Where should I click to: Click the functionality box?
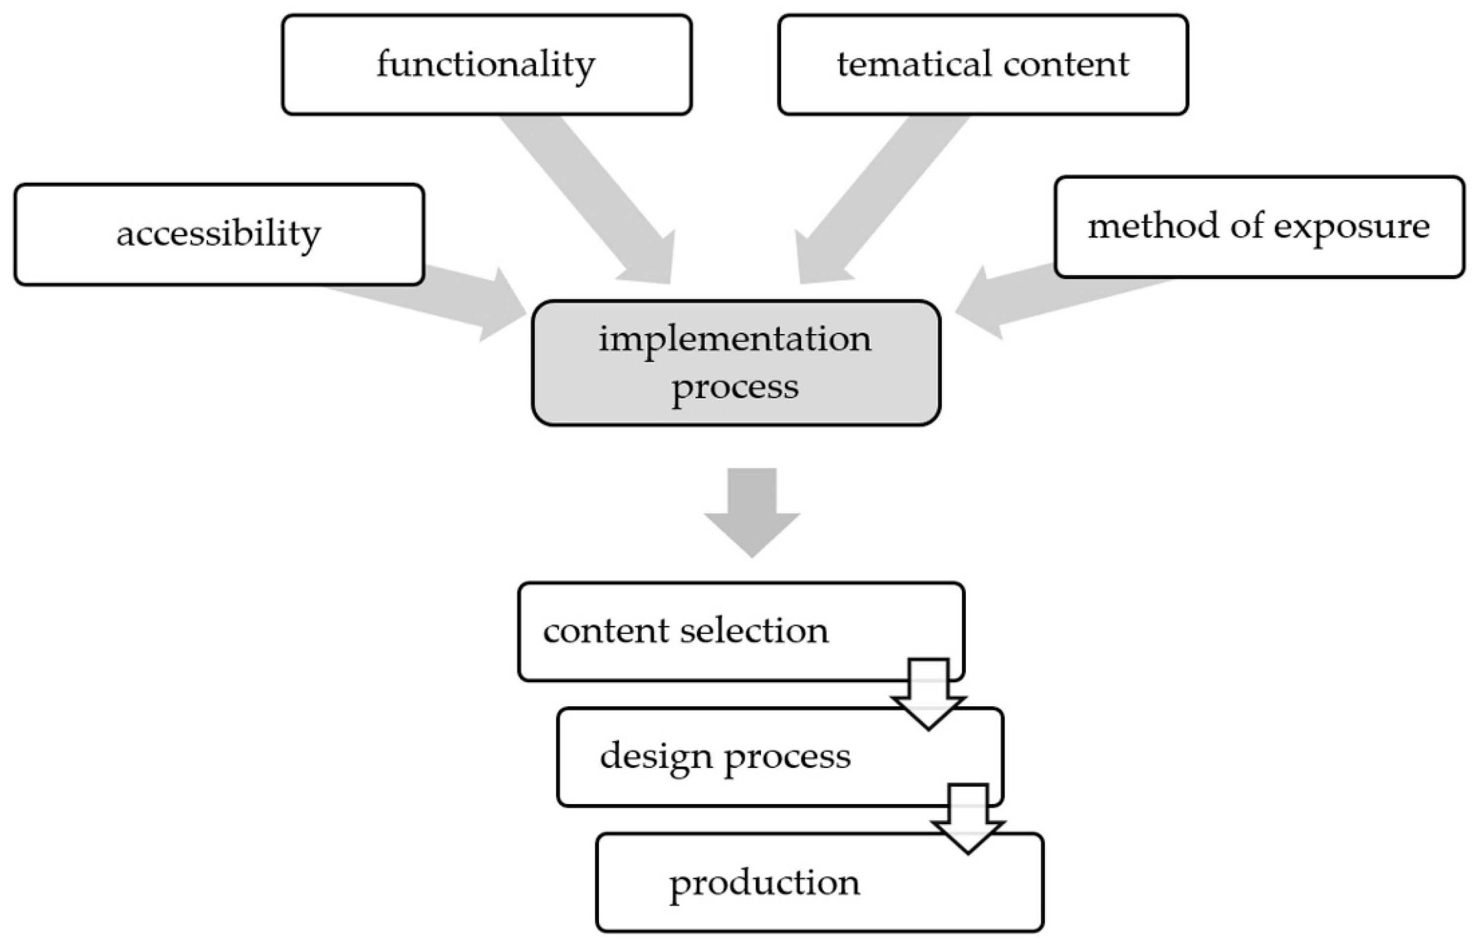(x=487, y=65)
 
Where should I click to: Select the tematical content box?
(x=983, y=65)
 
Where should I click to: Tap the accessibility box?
(x=219, y=234)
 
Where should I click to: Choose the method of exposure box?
(x=1259, y=227)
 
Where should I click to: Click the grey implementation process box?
(x=735, y=363)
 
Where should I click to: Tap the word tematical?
(x=913, y=65)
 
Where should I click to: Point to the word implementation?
(x=735, y=339)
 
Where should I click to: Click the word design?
(x=656, y=757)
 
